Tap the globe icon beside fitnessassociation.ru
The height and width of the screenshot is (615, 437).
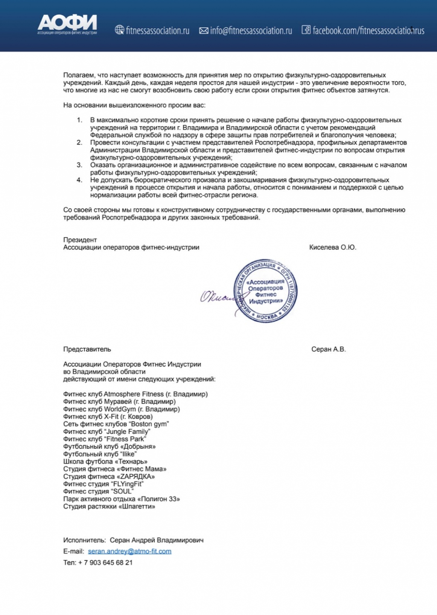point(119,30)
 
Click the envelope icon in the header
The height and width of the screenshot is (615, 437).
point(204,30)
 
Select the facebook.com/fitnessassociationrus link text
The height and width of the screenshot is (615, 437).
point(368,30)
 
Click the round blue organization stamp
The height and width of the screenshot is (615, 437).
point(265,291)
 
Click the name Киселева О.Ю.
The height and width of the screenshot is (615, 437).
point(332,247)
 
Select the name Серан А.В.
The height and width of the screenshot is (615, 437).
point(328,349)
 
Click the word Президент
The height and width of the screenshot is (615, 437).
point(80,240)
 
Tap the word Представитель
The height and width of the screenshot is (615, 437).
point(87,349)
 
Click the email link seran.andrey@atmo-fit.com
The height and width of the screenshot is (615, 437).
point(129,551)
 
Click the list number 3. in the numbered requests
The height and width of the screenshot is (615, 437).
point(79,165)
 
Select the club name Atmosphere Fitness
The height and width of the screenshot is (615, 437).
point(134,394)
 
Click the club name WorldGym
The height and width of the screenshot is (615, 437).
point(120,409)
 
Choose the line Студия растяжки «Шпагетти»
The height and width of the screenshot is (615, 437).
point(109,506)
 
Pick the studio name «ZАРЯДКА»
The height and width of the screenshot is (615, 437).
point(136,476)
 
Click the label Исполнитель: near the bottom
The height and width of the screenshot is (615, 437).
point(84,540)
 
